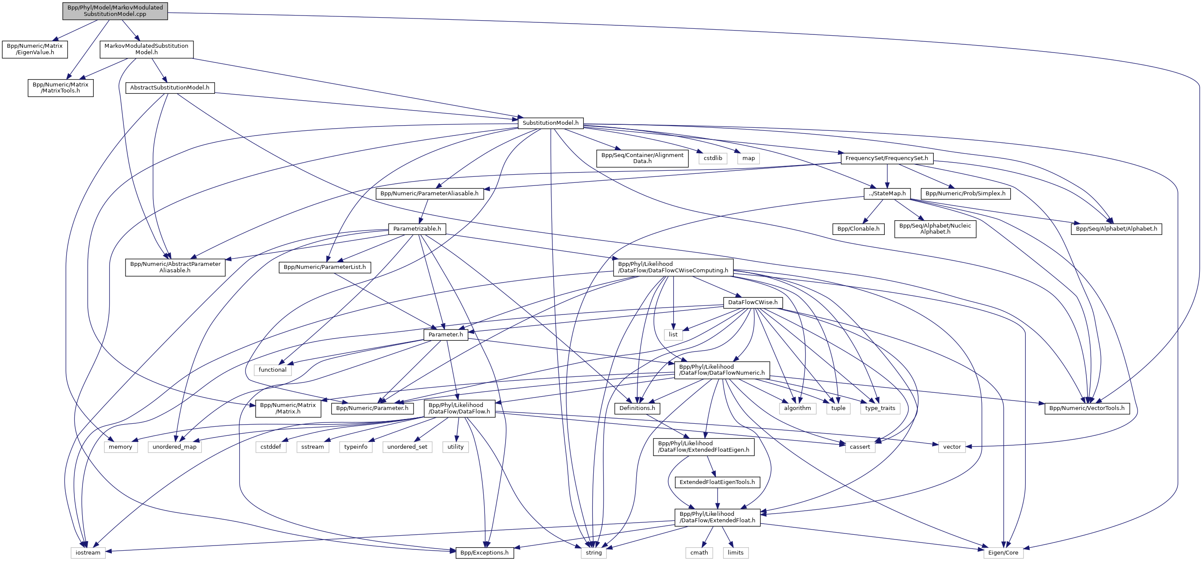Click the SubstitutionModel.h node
pos(550,123)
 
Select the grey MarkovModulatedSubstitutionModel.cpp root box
pos(115,11)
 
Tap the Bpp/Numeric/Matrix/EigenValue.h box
pos(34,49)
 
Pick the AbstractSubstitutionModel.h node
pos(169,87)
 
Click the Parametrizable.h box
pos(417,229)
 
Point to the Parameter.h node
pos(446,334)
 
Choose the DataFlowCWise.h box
pos(753,302)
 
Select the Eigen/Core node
pos(1003,552)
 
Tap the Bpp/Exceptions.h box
pos(484,552)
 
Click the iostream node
pos(88,552)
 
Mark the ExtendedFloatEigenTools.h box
pos(717,482)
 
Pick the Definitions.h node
pos(637,408)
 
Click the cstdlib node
pos(713,158)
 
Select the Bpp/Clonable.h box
pos(858,229)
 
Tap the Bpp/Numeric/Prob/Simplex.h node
pos(966,194)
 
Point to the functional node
pos(273,370)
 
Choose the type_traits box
pos(880,408)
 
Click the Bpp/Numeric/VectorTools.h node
pos(1087,408)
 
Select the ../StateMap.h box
pos(887,194)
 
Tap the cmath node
pos(699,552)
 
